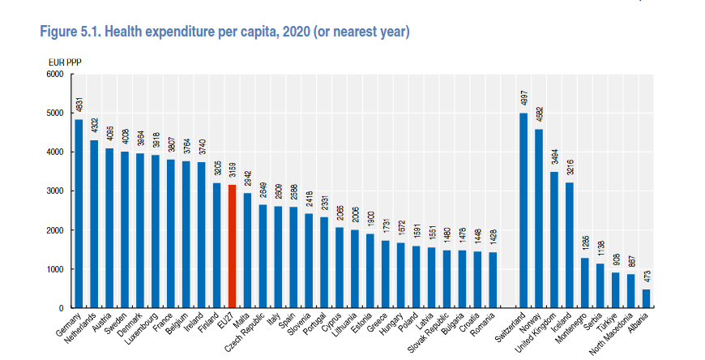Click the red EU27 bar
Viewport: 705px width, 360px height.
point(233,246)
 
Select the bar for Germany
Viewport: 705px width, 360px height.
point(79,214)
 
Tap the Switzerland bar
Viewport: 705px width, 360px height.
point(523,211)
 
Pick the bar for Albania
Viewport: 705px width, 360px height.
point(646,299)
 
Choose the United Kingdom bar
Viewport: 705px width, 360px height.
point(553,240)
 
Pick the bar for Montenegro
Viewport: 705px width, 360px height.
point(584,283)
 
